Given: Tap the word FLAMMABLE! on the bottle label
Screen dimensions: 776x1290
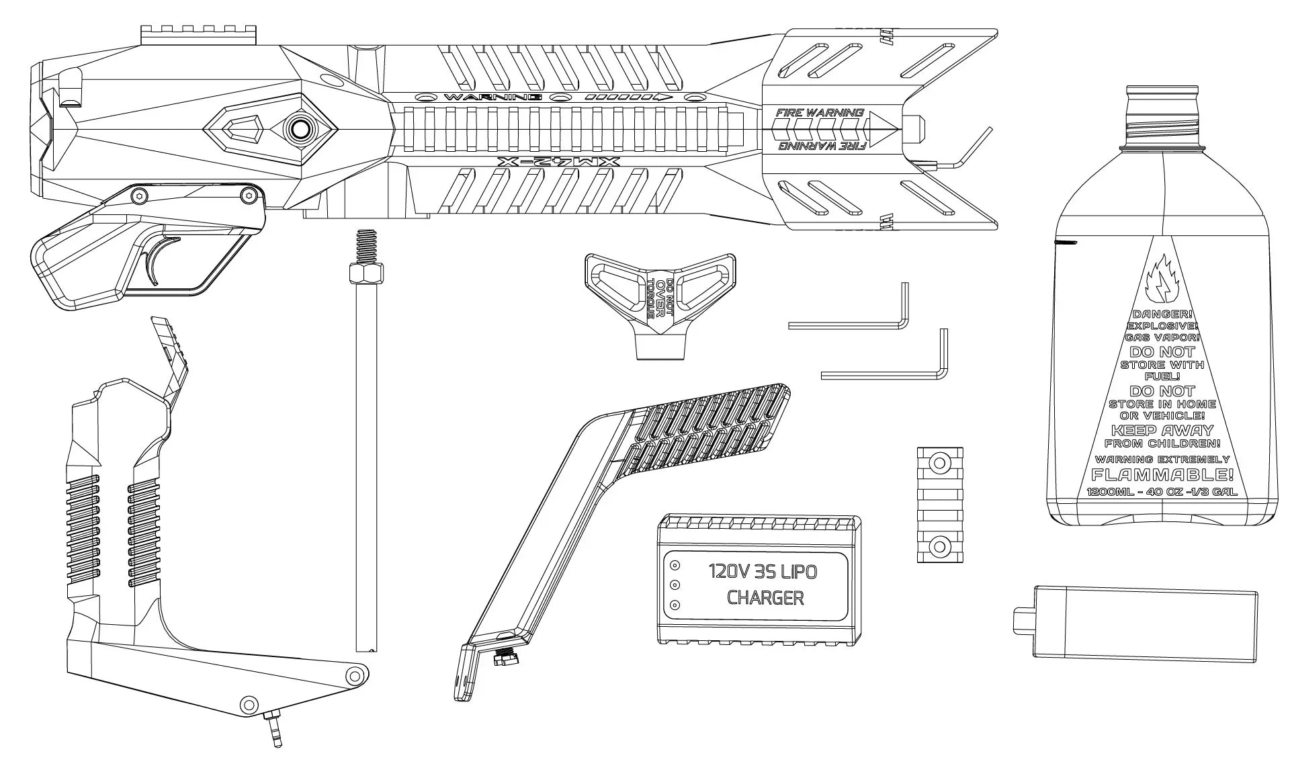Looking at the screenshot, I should pos(1162,475).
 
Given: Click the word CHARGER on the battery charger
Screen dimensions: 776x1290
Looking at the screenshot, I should pos(765,597).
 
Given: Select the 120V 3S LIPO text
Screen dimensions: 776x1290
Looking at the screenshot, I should pos(763,572).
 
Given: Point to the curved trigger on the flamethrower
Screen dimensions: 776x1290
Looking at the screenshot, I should pos(159,263).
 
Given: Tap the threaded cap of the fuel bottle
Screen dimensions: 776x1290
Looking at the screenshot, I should pos(1162,114).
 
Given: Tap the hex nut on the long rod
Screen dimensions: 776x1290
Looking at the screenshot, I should pos(366,274).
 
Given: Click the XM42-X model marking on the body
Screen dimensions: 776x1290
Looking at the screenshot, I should pos(558,162).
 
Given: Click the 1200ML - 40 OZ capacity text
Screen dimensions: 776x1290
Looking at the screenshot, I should pos(1162,492).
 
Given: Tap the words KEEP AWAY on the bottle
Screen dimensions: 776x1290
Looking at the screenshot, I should pos(1162,430).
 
